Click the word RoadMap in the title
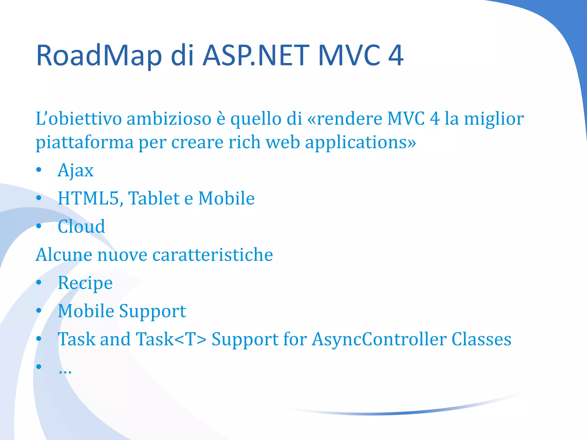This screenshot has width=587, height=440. pos(99,56)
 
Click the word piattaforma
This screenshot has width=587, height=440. pos(85,142)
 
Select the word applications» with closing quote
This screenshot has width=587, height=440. pos(360,142)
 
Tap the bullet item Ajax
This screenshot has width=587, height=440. pos(75,170)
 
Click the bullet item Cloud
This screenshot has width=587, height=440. pos(81,226)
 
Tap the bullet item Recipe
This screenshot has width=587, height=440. pos(85,283)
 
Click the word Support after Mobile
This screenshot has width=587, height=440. pos(152,311)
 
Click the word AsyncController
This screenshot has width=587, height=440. pos(379,339)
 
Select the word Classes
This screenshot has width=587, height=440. pos(481,339)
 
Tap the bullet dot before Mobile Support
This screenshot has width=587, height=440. pos(39,311)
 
